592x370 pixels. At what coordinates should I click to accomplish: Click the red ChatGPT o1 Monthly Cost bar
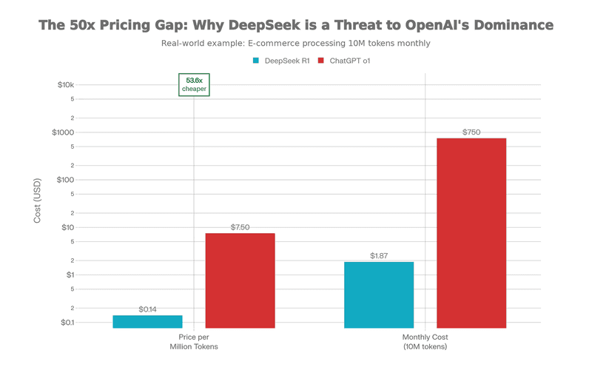(x=471, y=232)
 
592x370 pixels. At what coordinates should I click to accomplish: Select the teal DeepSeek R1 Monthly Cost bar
(x=379, y=295)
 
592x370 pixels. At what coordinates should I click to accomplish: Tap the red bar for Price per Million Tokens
(x=240, y=280)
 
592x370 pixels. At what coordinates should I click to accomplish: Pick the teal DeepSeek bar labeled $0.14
(x=147, y=321)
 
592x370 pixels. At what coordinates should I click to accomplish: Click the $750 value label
(x=471, y=132)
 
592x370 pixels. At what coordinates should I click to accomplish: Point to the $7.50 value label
(x=240, y=227)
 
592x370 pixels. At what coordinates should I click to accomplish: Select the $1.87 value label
(x=379, y=256)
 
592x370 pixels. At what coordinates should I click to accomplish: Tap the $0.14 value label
(x=147, y=309)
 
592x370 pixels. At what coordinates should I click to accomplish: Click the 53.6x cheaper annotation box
(x=194, y=84)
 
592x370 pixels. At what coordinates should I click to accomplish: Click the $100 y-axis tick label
(x=67, y=180)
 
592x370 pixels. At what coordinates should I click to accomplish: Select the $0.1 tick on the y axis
(x=67, y=323)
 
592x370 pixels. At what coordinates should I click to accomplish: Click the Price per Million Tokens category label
(x=194, y=342)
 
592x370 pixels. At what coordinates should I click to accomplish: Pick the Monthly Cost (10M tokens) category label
(x=425, y=342)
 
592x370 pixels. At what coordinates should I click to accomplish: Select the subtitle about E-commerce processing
(x=296, y=43)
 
